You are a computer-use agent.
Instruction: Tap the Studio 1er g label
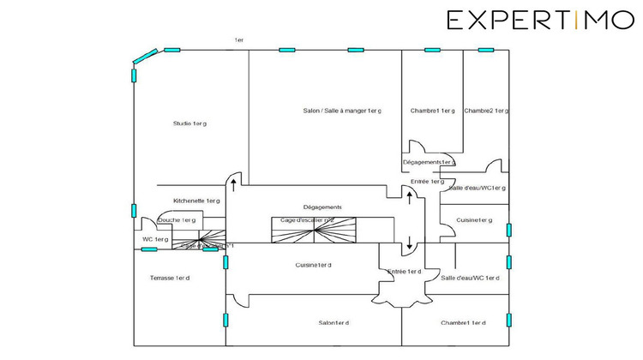click(189, 123)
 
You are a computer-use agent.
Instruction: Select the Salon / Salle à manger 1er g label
click(342, 111)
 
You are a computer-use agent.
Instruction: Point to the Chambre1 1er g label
click(432, 111)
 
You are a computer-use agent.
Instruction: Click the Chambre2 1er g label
click(486, 111)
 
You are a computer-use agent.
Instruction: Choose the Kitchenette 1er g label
click(196, 201)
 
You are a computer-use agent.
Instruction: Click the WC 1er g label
click(155, 239)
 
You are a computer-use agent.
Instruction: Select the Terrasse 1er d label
click(170, 278)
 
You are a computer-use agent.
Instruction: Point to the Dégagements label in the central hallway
click(322, 207)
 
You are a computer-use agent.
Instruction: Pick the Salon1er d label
click(334, 322)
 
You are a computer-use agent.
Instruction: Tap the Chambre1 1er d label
click(463, 322)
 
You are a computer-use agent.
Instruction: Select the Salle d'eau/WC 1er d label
click(470, 278)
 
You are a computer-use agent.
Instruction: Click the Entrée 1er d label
click(404, 272)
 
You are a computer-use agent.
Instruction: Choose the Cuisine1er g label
click(474, 220)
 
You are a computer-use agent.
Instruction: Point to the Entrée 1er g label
click(427, 182)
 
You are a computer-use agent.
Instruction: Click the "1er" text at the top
click(239, 40)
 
